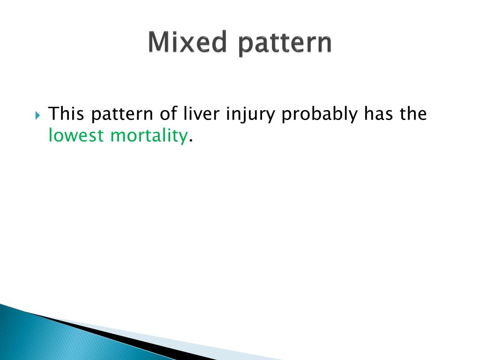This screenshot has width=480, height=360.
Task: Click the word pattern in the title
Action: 285,44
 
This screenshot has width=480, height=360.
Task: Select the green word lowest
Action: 76,135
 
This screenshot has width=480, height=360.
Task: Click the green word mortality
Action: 149,135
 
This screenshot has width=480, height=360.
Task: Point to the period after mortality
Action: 191,140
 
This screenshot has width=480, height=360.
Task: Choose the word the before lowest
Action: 413,113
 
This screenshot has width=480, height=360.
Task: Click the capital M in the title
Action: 158,42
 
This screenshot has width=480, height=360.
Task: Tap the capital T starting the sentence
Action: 53,113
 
